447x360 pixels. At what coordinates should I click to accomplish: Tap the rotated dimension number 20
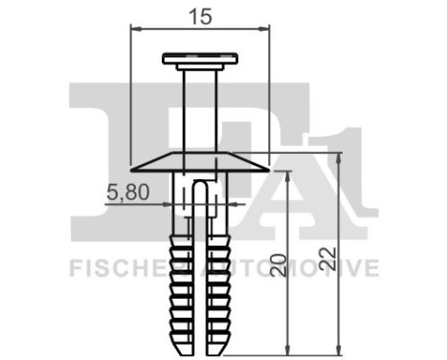point(279,264)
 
